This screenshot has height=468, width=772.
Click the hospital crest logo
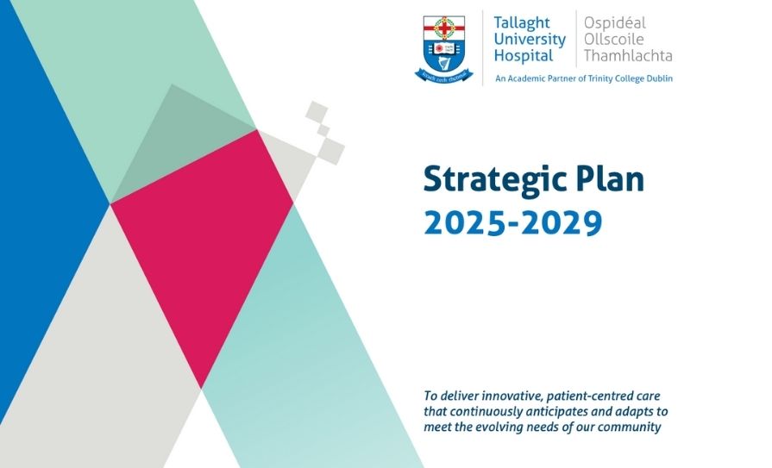(443, 49)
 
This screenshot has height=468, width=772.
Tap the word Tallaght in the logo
(521, 23)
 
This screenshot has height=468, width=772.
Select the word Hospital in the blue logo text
(524, 56)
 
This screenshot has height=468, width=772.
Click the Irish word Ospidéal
(615, 22)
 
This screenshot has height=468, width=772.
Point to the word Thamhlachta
(628, 56)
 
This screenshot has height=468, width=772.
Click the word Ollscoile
(614, 40)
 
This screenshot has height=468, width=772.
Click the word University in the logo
(530, 40)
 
